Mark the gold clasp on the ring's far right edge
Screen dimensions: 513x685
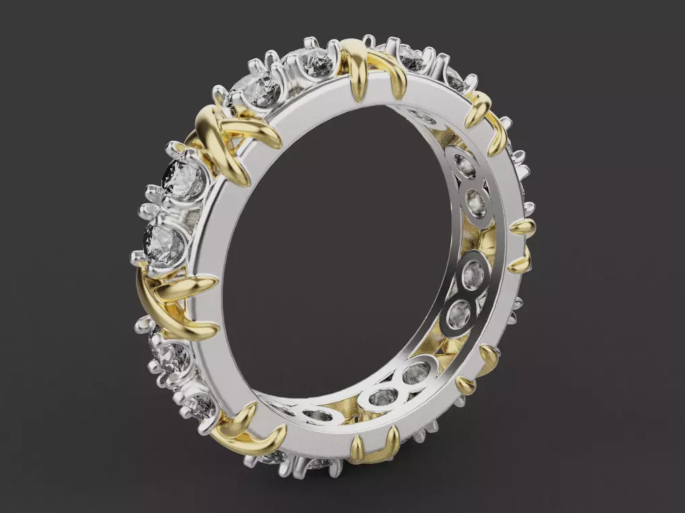[x=522, y=245]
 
